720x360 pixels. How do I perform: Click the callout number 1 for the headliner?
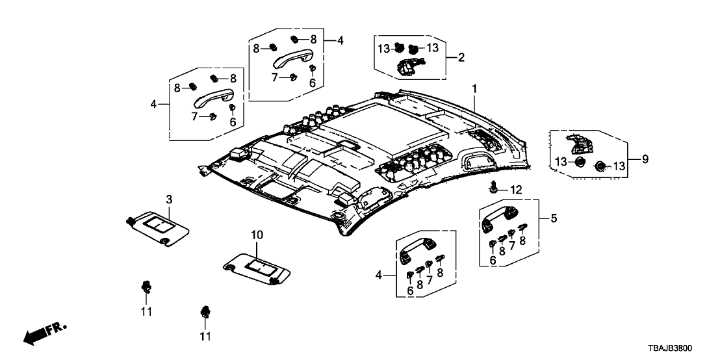click(x=474, y=88)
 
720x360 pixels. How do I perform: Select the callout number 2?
click(x=461, y=58)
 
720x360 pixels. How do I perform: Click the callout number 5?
click(x=553, y=219)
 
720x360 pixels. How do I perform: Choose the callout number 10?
click(x=257, y=234)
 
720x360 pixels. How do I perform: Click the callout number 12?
click(x=515, y=190)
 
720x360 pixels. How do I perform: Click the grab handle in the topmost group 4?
click(x=292, y=59)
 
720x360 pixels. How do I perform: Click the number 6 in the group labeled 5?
click(x=493, y=259)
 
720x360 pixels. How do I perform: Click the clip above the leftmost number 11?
click(x=146, y=287)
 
